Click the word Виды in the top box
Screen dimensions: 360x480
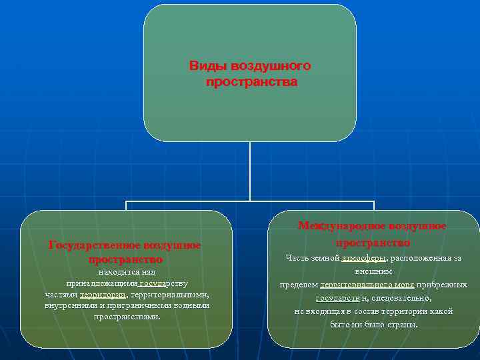tap(204, 67)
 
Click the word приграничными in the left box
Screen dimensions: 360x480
tap(133, 305)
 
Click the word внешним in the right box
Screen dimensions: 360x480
tap(373, 271)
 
